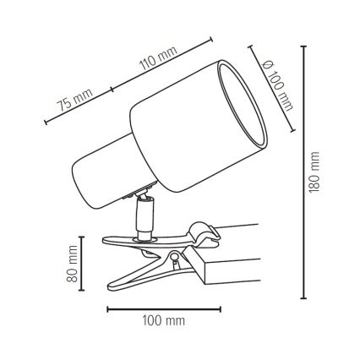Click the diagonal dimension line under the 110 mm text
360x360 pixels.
coord(165,67)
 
